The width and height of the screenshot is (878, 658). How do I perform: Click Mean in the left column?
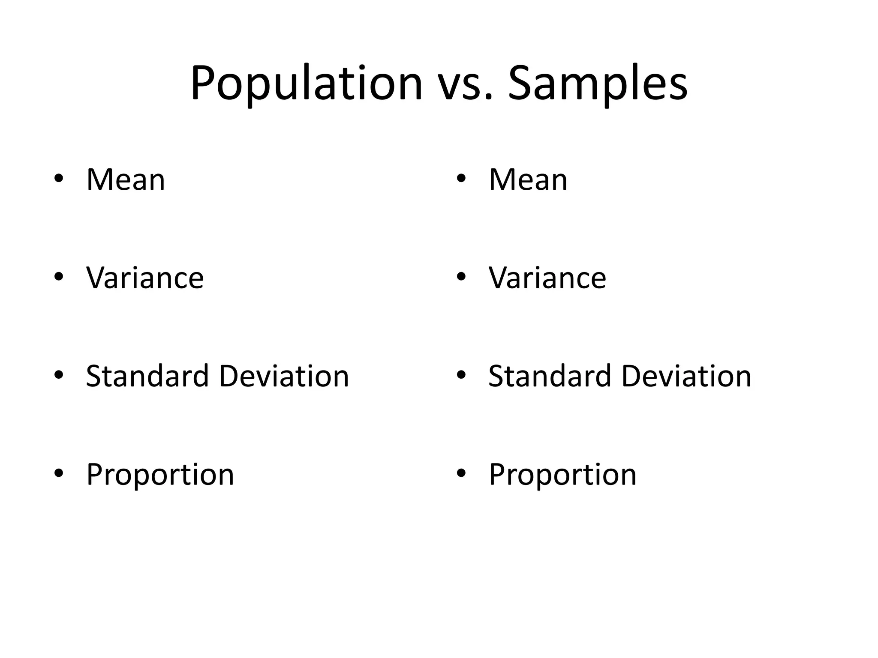[x=126, y=180]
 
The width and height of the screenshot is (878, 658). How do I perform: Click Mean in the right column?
[x=528, y=180]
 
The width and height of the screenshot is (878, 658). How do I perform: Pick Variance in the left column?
[x=145, y=278]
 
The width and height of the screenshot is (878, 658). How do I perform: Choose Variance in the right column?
[x=547, y=278]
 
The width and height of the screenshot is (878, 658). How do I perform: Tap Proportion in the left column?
[x=160, y=475]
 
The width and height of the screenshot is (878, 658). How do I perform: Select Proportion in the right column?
[x=563, y=475]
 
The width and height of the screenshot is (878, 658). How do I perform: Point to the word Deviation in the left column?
[x=284, y=376]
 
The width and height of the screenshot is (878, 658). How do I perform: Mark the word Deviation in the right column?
[x=686, y=376]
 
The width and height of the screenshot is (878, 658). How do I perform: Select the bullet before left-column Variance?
[x=59, y=277]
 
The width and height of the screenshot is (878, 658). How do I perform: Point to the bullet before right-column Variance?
[x=461, y=277]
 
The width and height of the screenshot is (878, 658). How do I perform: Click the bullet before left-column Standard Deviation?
[x=59, y=375]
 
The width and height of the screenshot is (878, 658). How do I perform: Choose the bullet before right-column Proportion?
[x=461, y=473]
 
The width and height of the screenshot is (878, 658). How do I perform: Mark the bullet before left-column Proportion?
[x=59, y=473]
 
